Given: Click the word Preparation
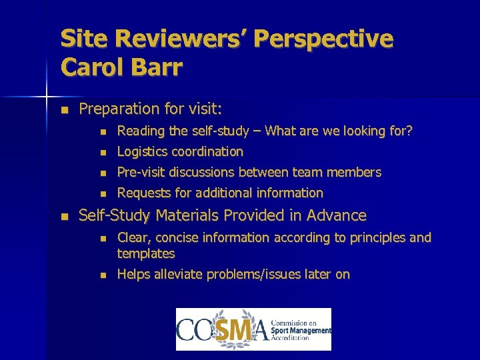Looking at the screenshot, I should [x=116, y=109].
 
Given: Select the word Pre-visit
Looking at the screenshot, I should [x=141, y=173].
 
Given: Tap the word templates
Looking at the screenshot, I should [x=146, y=254].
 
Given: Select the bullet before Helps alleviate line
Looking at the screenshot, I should [x=102, y=275].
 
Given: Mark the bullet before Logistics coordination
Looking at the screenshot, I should [x=102, y=152].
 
